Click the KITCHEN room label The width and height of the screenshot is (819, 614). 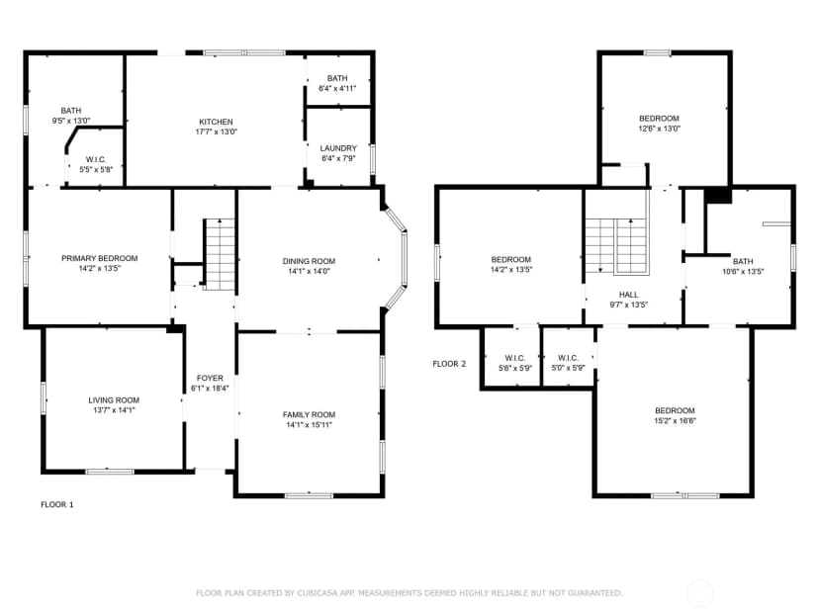216,122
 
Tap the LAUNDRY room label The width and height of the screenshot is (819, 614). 338,148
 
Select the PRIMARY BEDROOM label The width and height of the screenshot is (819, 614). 100,258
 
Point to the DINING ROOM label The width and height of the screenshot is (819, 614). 309,261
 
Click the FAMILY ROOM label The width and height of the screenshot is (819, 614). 309,414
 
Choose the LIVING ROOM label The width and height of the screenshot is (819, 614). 114,399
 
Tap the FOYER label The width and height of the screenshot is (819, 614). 210,378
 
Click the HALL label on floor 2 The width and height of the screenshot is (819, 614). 628,295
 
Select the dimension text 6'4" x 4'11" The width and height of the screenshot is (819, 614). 337,88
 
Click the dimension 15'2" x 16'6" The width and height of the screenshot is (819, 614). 675,420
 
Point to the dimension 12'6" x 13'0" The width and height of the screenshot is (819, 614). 659,128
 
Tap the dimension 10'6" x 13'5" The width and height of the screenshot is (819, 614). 743,271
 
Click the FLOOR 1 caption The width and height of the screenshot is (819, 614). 57,504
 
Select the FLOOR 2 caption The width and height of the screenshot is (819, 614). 449,364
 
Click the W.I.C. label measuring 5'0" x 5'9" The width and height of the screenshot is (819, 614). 569,358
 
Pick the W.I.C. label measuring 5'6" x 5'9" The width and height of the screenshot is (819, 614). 515,358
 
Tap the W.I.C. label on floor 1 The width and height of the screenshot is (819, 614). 96,159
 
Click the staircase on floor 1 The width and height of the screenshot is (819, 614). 220,254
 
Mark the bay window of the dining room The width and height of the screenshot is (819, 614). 396,259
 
